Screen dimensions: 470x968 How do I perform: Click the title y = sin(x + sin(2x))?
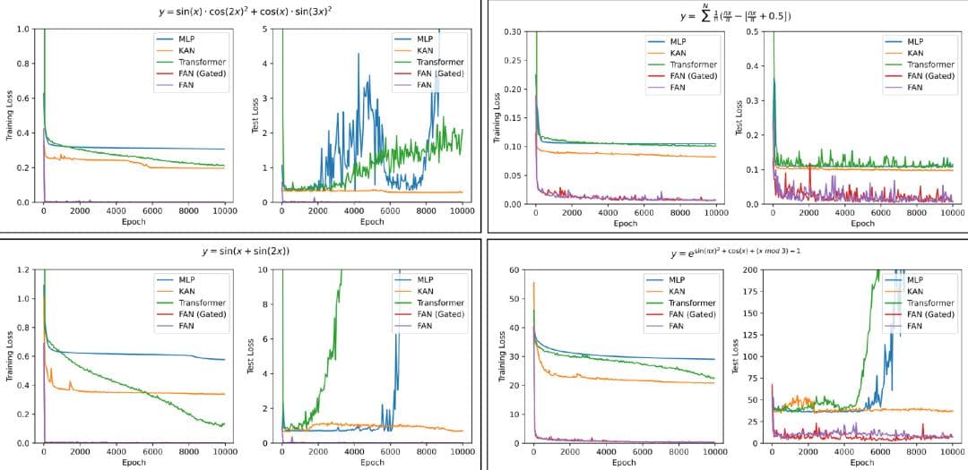pos(245,251)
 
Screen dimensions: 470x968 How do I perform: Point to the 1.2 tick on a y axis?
pos(23,269)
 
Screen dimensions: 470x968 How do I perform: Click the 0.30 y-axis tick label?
pos(512,32)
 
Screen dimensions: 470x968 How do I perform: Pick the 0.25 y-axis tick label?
pos(512,61)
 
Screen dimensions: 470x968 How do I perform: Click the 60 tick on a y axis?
pos(514,269)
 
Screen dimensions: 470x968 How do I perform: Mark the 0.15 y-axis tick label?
pos(512,118)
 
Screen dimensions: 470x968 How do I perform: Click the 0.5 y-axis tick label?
pos(755,32)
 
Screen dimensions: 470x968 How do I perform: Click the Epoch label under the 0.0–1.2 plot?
pos(134,463)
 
